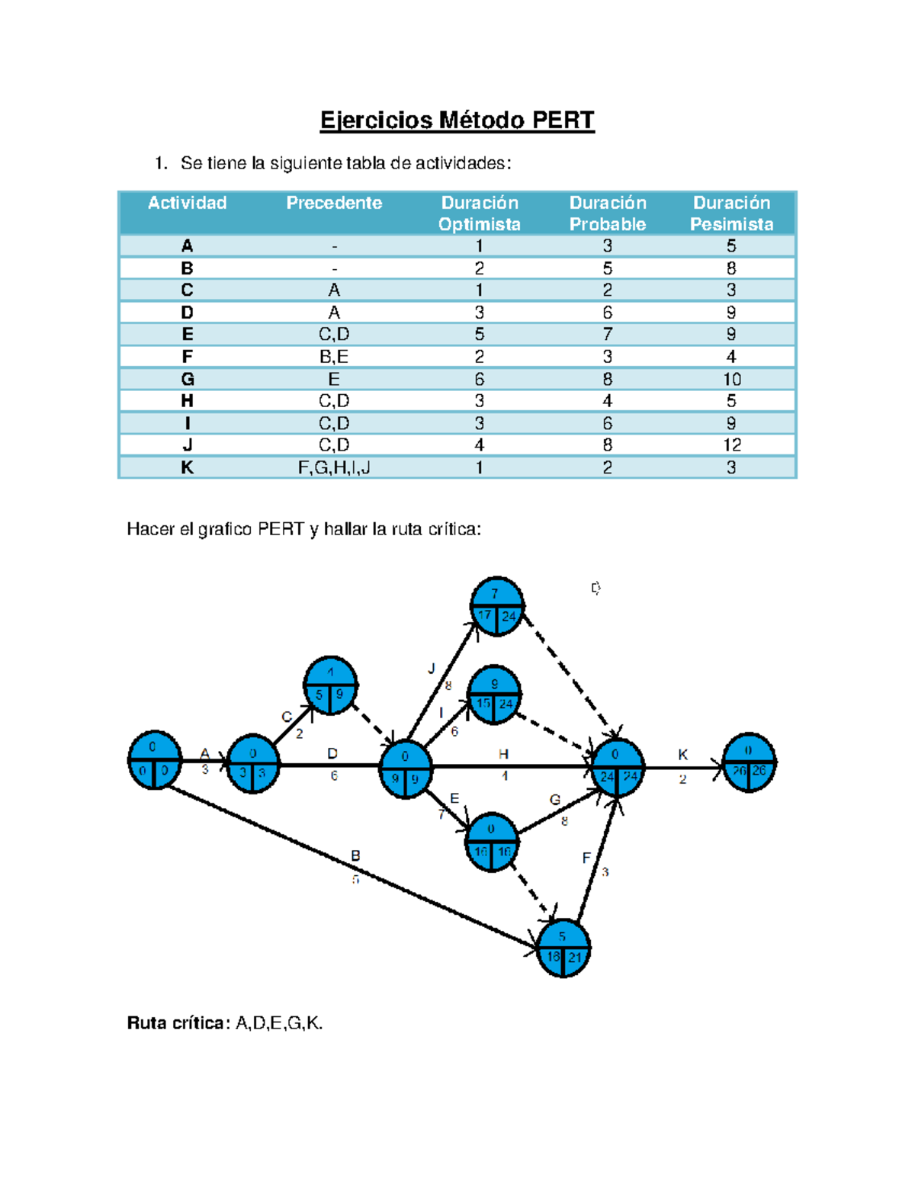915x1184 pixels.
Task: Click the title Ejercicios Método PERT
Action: pyautogui.click(x=457, y=120)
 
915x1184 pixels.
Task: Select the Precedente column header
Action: pyautogui.click(x=334, y=203)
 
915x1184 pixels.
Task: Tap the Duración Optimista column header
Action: pyautogui.click(x=479, y=213)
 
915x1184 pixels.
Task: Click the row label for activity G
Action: pyautogui.click(x=187, y=379)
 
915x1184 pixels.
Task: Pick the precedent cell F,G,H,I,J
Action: pyautogui.click(x=334, y=467)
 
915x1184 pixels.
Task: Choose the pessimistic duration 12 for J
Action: pyautogui.click(x=731, y=445)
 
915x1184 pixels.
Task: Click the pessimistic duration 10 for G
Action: pyautogui.click(x=731, y=379)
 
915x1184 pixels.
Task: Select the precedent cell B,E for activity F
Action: pyautogui.click(x=334, y=357)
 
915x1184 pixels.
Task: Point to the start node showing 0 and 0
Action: pyautogui.click(x=155, y=760)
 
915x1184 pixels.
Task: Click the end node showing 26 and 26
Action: pyautogui.click(x=749, y=762)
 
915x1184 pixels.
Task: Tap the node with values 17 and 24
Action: pyautogui.click(x=497, y=606)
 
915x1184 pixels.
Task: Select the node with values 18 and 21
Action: pyautogui.click(x=563, y=948)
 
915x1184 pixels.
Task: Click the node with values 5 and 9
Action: pyautogui.click(x=330, y=685)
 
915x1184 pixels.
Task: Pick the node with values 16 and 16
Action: pyautogui.click(x=492, y=842)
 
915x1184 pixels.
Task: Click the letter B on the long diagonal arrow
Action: pyautogui.click(x=355, y=856)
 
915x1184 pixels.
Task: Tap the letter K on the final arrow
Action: pyautogui.click(x=682, y=755)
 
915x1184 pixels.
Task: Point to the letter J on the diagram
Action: pyautogui.click(x=432, y=669)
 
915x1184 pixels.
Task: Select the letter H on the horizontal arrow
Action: pyautogui.click(x=503, y=754)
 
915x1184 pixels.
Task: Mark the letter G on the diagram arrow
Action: pyautogui.click(x=555, y=800)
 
